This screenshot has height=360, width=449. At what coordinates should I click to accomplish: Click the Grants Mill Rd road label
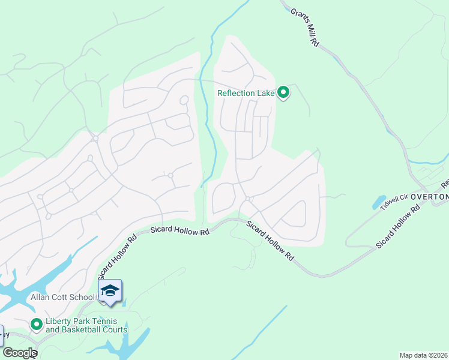click(305, 28)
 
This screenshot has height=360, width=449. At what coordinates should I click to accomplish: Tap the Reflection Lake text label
click(246, 93)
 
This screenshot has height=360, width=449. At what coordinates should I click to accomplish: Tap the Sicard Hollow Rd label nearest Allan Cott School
click(117, 254)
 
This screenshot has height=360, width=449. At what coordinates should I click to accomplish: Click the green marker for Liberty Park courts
click(36, 325)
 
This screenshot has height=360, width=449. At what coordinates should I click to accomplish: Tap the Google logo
click(20, 353)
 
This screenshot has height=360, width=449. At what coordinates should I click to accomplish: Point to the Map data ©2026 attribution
click(423, 355)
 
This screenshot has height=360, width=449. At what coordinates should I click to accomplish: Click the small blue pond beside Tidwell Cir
click(379, 202)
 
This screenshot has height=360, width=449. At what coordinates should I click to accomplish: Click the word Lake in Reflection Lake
click(265, 93)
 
